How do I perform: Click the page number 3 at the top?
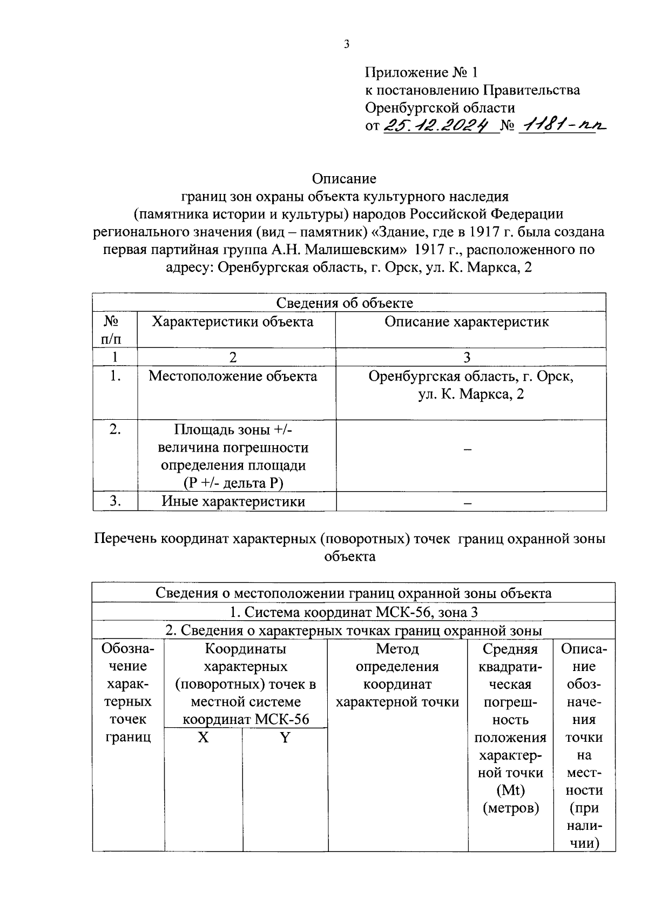347,45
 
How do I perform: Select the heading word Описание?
344,178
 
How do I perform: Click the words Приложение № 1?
421,72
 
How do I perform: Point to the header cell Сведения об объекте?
345,303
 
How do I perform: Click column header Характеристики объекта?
233,322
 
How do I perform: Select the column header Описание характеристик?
467,322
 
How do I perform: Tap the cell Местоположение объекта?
233,376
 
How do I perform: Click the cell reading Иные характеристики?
233,501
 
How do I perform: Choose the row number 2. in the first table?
114,430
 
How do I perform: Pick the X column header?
203,737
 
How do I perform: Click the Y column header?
285,737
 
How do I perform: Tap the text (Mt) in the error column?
510,790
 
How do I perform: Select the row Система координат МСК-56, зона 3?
354,612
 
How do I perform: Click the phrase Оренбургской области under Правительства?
440,108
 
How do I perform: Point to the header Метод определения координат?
397,675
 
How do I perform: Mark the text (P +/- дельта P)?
233,483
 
